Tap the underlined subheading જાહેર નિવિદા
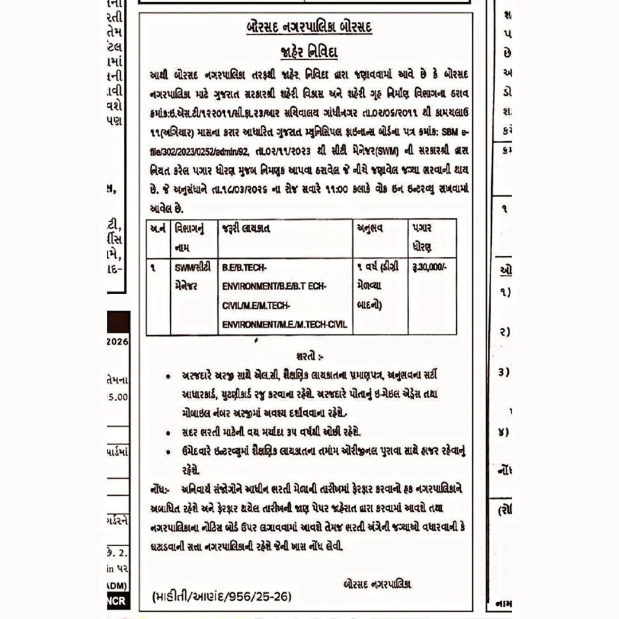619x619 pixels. point(309,53)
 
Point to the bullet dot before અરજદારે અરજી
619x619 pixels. point(167,377)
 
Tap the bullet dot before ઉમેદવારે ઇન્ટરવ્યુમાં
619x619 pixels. point(167,452)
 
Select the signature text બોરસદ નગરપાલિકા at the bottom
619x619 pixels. point(377,584)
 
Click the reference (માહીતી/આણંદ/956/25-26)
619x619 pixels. point(222,597)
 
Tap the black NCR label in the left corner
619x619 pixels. point(117,601)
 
